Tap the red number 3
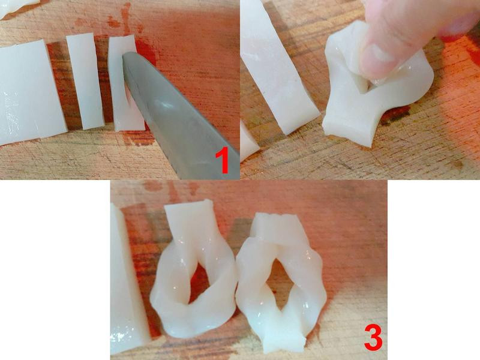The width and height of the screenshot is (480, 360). (x=373, y=338)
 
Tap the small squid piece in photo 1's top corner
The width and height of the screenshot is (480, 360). (x=16, y=7)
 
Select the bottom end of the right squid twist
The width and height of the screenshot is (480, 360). (x=283, y=340)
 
